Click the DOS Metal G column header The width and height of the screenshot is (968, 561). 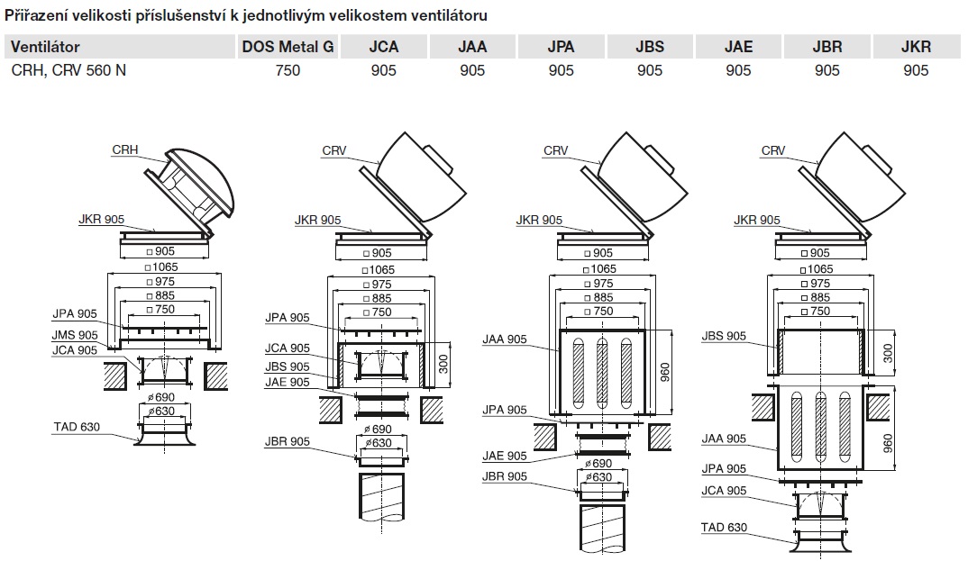[x=288, y=48]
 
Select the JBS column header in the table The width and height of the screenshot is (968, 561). [x=649, y=48]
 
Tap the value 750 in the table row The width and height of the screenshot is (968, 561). [x=288, y=69]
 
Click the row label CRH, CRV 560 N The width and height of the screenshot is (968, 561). [x=68, y=69]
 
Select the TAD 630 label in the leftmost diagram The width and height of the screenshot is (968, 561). [x=76, y=427]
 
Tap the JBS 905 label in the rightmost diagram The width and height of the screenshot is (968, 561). [x=723, y=337]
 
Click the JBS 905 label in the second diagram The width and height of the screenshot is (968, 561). [x=288, y=366]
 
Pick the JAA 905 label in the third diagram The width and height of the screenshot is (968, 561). [x=505, y=339]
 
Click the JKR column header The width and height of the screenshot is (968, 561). [x=915, y=48]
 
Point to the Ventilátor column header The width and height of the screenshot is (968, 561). [x=46, y=48]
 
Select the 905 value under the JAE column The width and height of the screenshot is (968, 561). [x=738, y=69]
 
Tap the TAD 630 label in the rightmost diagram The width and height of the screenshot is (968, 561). [x=723, y=528]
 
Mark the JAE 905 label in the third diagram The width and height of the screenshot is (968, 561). [x=505, y=457]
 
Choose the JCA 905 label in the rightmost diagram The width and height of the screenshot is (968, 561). [x=723, y=491]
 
